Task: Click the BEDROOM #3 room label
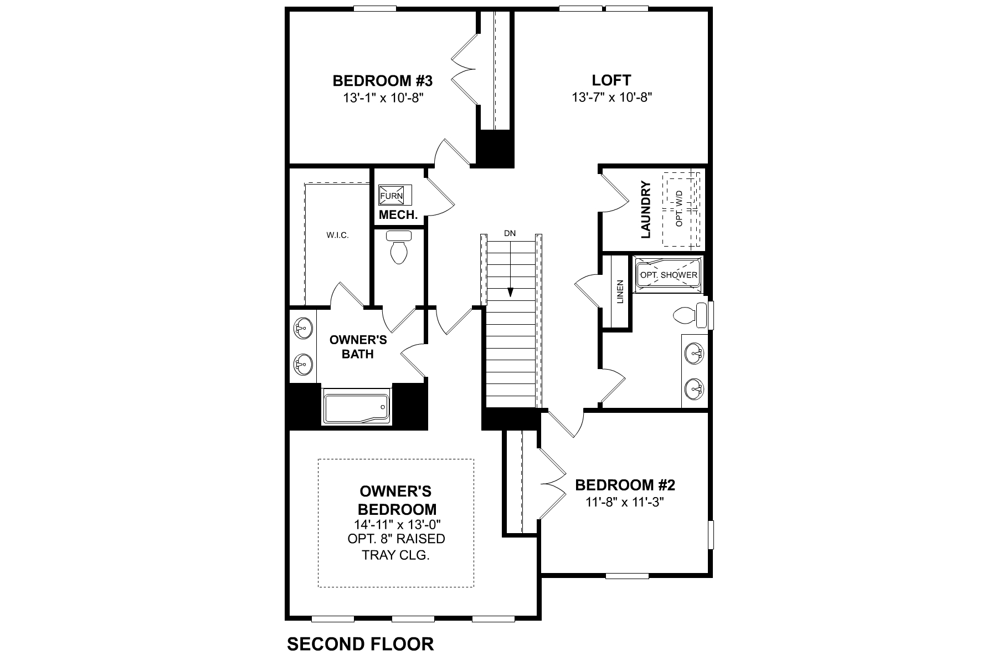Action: [382, 81]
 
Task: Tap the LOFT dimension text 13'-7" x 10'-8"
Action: [611, 98]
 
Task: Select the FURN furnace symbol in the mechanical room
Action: [392, 196]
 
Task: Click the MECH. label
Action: [398, 215]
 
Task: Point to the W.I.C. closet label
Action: [337, 236]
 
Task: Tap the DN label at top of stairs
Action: [510, 233]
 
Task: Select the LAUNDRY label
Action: [645, 209]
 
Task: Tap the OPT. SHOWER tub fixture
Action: [669, 274]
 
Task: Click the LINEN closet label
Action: [620, 291]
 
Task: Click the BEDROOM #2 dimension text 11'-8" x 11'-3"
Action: [625, 502]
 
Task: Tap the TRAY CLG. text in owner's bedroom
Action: [395, 555]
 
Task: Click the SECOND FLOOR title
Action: [360, 644]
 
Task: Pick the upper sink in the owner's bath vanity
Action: [302, 329]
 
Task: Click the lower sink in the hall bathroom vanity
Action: [694, 389]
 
